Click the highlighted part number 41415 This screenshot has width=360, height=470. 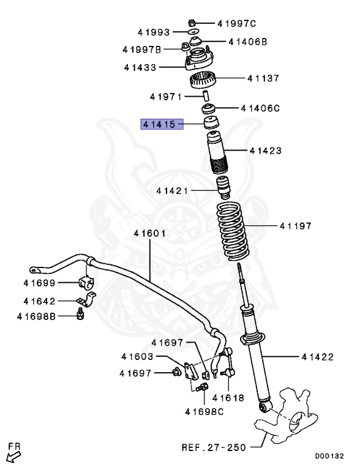(x=159, y=124)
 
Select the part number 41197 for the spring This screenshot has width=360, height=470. (x=296, y=226)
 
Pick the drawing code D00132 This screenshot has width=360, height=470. (x=329, y=456)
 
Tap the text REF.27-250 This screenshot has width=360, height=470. (x=211, y=447)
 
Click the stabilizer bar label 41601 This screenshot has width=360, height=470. (x=151, y=233)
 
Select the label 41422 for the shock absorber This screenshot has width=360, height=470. (x=317, y=356)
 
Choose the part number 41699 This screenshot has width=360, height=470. (x=40, y=283)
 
